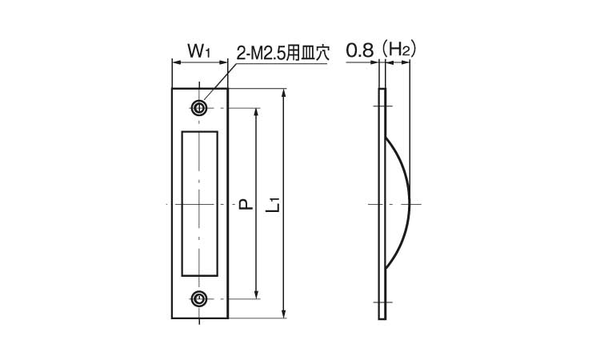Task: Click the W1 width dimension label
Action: pyautogui.click(x=199, y=51)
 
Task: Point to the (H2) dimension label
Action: pyautogui.click(x=397, y=51)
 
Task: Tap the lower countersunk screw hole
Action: pyautogui.click(x=199, y=299)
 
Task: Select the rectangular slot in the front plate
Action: pyautogui.click(x=199, y=203)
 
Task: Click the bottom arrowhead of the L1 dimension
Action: pyautogui.click(x=284, y=315)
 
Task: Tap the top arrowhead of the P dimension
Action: pyautogui.click(x=256, y=113)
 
